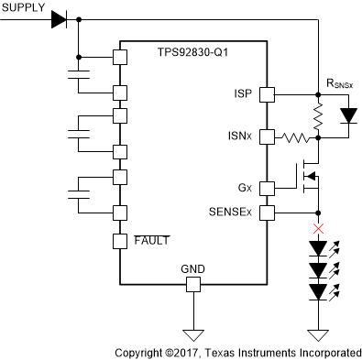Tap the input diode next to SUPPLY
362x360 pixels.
click(x=60, y=18)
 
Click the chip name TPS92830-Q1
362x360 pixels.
click(x=192, y=53)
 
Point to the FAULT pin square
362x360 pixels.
click(x=118, y=242)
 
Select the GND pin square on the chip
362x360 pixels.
click(x=192, y=285)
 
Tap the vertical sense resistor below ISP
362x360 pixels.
click(x=318, y=115)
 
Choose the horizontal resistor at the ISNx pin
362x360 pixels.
click(x=293, y=137)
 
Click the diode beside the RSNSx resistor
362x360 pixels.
click(x=348, y=115)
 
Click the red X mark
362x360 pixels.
click(x=318, y=228)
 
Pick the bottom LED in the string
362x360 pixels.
click(x=318, y=292)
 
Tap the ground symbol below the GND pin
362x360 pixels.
click(x=192, y=333)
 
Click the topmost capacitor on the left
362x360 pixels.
click(x=78, y=74)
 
